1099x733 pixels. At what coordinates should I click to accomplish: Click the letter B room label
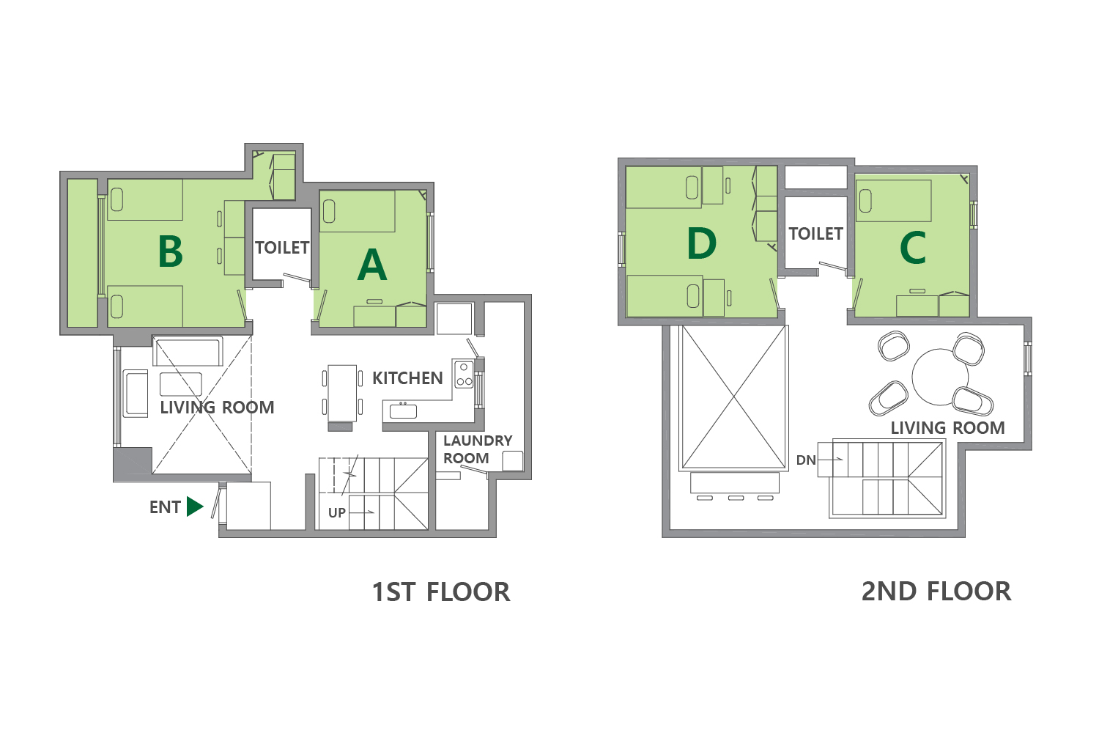pos(170,251)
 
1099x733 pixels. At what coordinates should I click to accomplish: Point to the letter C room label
pos(913,248)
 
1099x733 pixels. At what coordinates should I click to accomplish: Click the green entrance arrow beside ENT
pos(194,507)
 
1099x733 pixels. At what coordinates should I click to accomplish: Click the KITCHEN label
pos(407,378)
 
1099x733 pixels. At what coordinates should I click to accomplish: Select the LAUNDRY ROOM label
pos(478,449)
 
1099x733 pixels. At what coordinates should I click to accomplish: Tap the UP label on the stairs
pos(336,512)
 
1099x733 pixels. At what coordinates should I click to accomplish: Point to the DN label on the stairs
pos(806,460)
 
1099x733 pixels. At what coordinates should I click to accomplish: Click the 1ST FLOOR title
pos(441,592)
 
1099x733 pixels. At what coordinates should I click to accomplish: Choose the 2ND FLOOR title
pos(936,591)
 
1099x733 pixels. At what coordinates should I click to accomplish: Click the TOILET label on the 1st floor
pos(282,248)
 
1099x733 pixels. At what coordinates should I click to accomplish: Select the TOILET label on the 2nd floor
pos(816,234)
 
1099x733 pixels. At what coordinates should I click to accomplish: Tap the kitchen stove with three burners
pos(464,375)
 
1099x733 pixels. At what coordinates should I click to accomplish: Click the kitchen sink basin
pos(403,411)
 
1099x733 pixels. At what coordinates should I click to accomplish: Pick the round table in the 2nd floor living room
pos(940,377)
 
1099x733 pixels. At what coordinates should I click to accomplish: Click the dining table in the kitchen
pos(342,393)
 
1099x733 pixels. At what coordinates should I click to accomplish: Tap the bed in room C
pos(893,201)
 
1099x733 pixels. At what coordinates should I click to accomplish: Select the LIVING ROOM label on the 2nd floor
pos(947,428)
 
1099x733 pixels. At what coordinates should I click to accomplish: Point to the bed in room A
pos(358,211)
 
